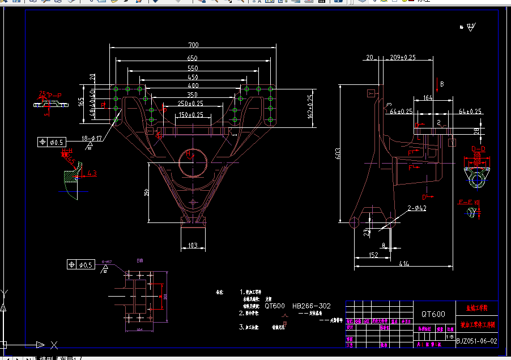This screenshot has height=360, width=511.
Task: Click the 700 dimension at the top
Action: coord(194,45)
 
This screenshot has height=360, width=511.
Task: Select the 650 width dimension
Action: coord(192,58)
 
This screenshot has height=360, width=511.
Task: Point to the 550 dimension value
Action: coord(193,68)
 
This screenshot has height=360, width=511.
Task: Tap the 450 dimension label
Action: coord(193,78)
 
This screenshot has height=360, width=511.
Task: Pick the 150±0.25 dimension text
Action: coord(191,115)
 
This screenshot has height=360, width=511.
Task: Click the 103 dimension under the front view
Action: coord(193,246)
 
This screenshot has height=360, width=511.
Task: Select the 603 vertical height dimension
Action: coord(339,155)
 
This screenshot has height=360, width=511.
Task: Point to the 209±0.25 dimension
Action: coord(403,57)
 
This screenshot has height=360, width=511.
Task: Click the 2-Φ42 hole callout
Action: coord(416,208)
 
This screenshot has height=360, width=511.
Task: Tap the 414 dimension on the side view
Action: coord(404,264)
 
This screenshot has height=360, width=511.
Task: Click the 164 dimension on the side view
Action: coord(428,98)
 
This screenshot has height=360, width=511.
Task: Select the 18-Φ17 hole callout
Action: coord(92,138)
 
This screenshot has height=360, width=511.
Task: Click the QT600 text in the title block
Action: coord(433,314)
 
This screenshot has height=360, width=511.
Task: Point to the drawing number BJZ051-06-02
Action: coord(476,341)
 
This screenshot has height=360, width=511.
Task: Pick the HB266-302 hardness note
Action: coord(312,306)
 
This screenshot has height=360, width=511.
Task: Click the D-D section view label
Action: coord(479,149)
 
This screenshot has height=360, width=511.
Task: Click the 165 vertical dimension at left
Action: coord(82,102)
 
